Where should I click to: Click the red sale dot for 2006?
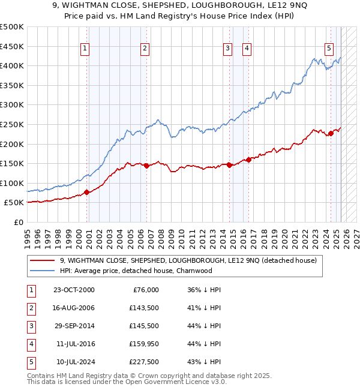click(x=146, y=166)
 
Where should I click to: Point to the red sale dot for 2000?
click(x=86, y=192)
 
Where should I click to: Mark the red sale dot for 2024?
click(x=331, y=133)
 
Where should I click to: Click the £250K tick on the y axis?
click(x=12, y=124)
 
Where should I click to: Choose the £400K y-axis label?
click(x=12, y=65)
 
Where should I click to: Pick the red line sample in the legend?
click(x=42, y=260)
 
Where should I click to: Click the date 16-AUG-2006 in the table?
click(x=73, y=308)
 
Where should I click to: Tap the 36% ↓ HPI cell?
click(x=204, y=290)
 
